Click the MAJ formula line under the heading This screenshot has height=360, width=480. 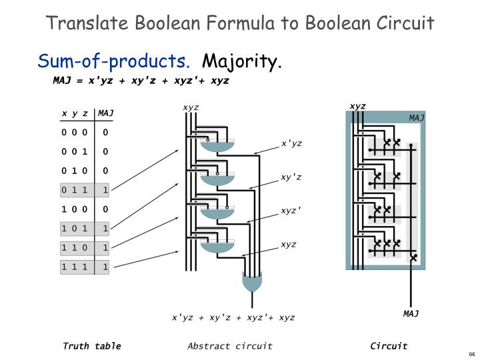pos(141,80)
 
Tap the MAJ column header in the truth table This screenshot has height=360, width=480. pos(105,113)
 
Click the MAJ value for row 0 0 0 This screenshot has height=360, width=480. pos(105,132)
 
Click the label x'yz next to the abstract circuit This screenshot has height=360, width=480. pos(291,143)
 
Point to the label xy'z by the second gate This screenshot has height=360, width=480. pos(291,177)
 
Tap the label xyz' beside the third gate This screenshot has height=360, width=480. pos(291,211)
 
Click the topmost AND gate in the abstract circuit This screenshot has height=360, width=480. pos(218,147)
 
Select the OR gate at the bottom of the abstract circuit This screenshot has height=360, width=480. pos(252,283)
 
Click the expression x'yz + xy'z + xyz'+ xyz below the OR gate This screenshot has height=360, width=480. pos(233,317)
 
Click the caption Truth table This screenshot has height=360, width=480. pos(92,345)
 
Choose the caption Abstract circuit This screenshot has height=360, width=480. pos(230,345)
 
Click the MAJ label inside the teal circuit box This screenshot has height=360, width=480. pos(417,118)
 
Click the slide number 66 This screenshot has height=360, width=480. pos(471,354)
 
